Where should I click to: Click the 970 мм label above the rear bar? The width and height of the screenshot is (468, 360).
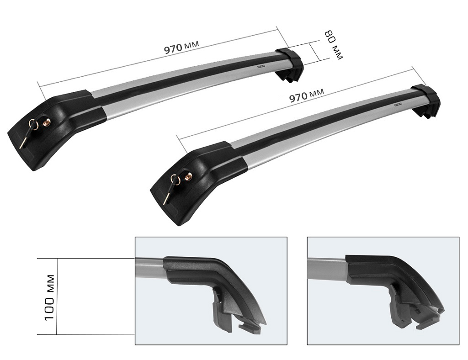(x=182, y=48)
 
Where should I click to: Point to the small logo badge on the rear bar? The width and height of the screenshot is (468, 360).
(x=261, y=67)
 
